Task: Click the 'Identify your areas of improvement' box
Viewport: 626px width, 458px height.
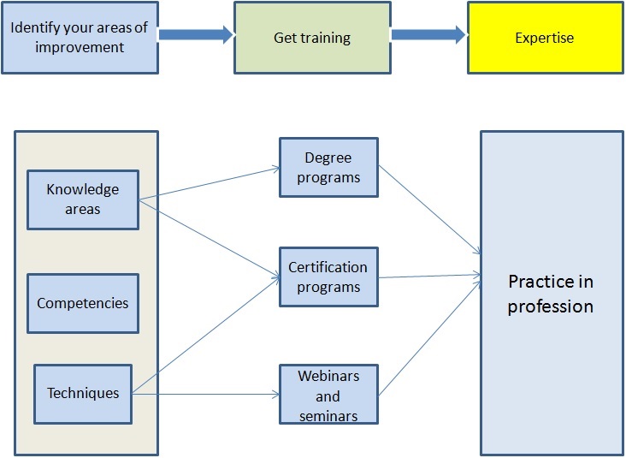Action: click(x=80, y=37)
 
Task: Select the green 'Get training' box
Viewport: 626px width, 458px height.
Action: click(x=312, y=38)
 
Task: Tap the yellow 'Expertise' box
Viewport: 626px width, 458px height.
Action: click(x=545, y=38)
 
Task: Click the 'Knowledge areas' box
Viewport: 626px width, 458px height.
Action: click(x=83, y=199)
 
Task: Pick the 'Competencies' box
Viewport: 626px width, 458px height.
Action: click(x=83, y=303)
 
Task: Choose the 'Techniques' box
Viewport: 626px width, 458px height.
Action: click(x=83, y=394)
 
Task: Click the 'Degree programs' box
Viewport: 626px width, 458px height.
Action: click(x=328, y=168)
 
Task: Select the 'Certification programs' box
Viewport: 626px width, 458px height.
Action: click(x=328, y=277)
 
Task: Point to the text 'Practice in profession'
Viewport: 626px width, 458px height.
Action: click(x=550, y=294)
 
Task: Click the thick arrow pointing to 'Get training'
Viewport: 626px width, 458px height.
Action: click(x=196, y=35)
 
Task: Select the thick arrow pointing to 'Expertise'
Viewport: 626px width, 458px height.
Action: click(x=428, y=35)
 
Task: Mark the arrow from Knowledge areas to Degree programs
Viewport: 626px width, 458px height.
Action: click(x=210, y=184)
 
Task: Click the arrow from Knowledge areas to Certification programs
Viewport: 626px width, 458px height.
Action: click(x=210, y=239)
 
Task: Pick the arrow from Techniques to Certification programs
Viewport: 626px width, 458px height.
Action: click(x=205, y=336)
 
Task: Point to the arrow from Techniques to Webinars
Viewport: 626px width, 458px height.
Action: click(x=205, y=395)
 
